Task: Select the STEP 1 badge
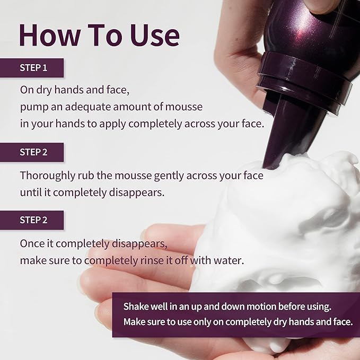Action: coord(33,68)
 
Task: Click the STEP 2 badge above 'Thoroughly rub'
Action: coord(33,152)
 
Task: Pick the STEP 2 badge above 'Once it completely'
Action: coord(33,220)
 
